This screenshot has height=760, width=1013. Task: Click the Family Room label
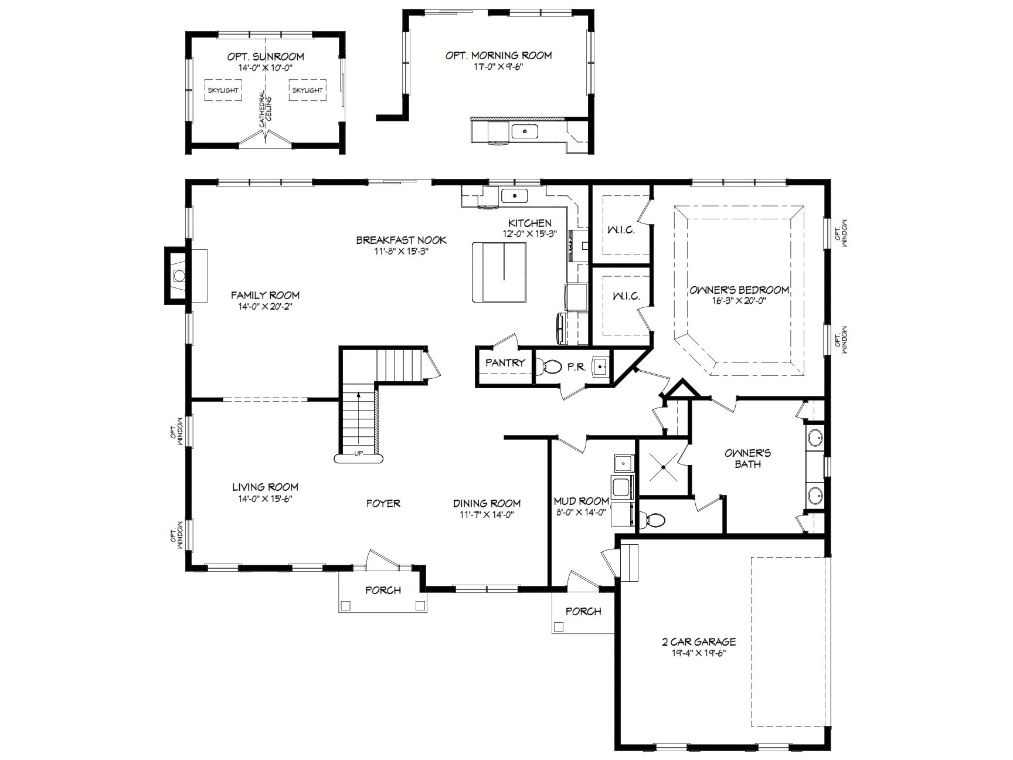[x=265, y=295]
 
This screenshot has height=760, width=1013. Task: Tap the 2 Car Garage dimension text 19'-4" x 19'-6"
[x=698, y=653]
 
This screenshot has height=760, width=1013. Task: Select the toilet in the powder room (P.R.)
[x=550, y=367]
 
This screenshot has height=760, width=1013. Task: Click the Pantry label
[x=505, y=363]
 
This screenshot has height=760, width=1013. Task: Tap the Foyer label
[x=383, y=503]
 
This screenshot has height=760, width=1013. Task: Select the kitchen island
[x=499, y=272]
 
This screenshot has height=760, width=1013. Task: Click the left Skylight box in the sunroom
[x=223, y=90]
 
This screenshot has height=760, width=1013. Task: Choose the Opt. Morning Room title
[x=498, y=56]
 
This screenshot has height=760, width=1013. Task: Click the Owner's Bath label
[x=748, y=459]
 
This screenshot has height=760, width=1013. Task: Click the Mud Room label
[x=582, y=501]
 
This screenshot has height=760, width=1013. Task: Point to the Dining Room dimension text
[x=486, y=515]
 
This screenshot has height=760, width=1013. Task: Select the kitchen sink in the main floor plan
[x=515, y=196]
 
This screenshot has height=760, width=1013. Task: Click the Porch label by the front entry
[x=383, y=590]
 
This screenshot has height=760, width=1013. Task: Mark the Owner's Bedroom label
[x=739, y=290]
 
